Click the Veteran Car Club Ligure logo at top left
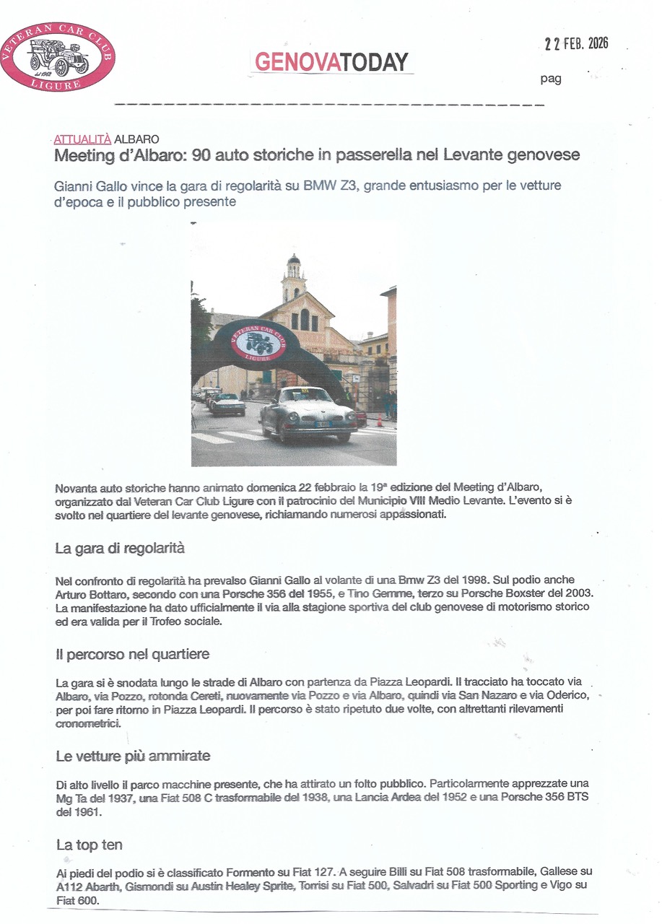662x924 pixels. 58,56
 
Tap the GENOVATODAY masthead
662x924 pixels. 331,62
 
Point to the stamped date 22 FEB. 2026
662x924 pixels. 576,43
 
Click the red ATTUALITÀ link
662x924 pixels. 82,139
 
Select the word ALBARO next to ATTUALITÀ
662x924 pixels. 136,139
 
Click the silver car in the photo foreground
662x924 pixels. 308,413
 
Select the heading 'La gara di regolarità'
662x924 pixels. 120,548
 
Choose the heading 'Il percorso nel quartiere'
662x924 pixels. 132,654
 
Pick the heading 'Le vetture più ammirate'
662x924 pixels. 133,756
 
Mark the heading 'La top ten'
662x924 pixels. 89,844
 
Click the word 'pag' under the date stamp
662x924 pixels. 551,79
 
